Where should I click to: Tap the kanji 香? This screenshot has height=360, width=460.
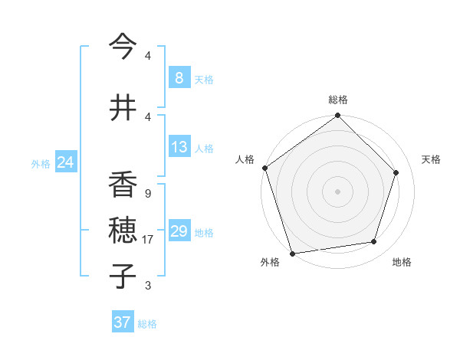[123, 184]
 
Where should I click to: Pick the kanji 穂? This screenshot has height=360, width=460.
[123, 230]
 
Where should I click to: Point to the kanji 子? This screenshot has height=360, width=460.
[123, 275]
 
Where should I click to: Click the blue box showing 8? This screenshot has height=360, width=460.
[179, 77]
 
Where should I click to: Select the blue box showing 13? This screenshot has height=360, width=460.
[179, 147]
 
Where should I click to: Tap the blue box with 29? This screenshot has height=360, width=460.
[179, 231]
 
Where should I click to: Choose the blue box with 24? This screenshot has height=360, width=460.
[65, 162]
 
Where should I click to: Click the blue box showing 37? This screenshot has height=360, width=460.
[122, 322]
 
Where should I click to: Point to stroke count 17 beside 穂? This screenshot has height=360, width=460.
[149, 240]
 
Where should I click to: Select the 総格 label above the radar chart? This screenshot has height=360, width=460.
[338, 100]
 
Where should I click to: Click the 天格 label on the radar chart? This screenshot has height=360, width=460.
[431, 159]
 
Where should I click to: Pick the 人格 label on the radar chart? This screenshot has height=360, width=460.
[245, 159]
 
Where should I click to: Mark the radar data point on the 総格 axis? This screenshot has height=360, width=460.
[338, 116]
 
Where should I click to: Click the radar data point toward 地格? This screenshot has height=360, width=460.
[374, 242]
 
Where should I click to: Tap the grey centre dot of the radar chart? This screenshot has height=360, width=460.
[338, 191]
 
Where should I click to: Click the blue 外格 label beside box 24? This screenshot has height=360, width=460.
[40, 163]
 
